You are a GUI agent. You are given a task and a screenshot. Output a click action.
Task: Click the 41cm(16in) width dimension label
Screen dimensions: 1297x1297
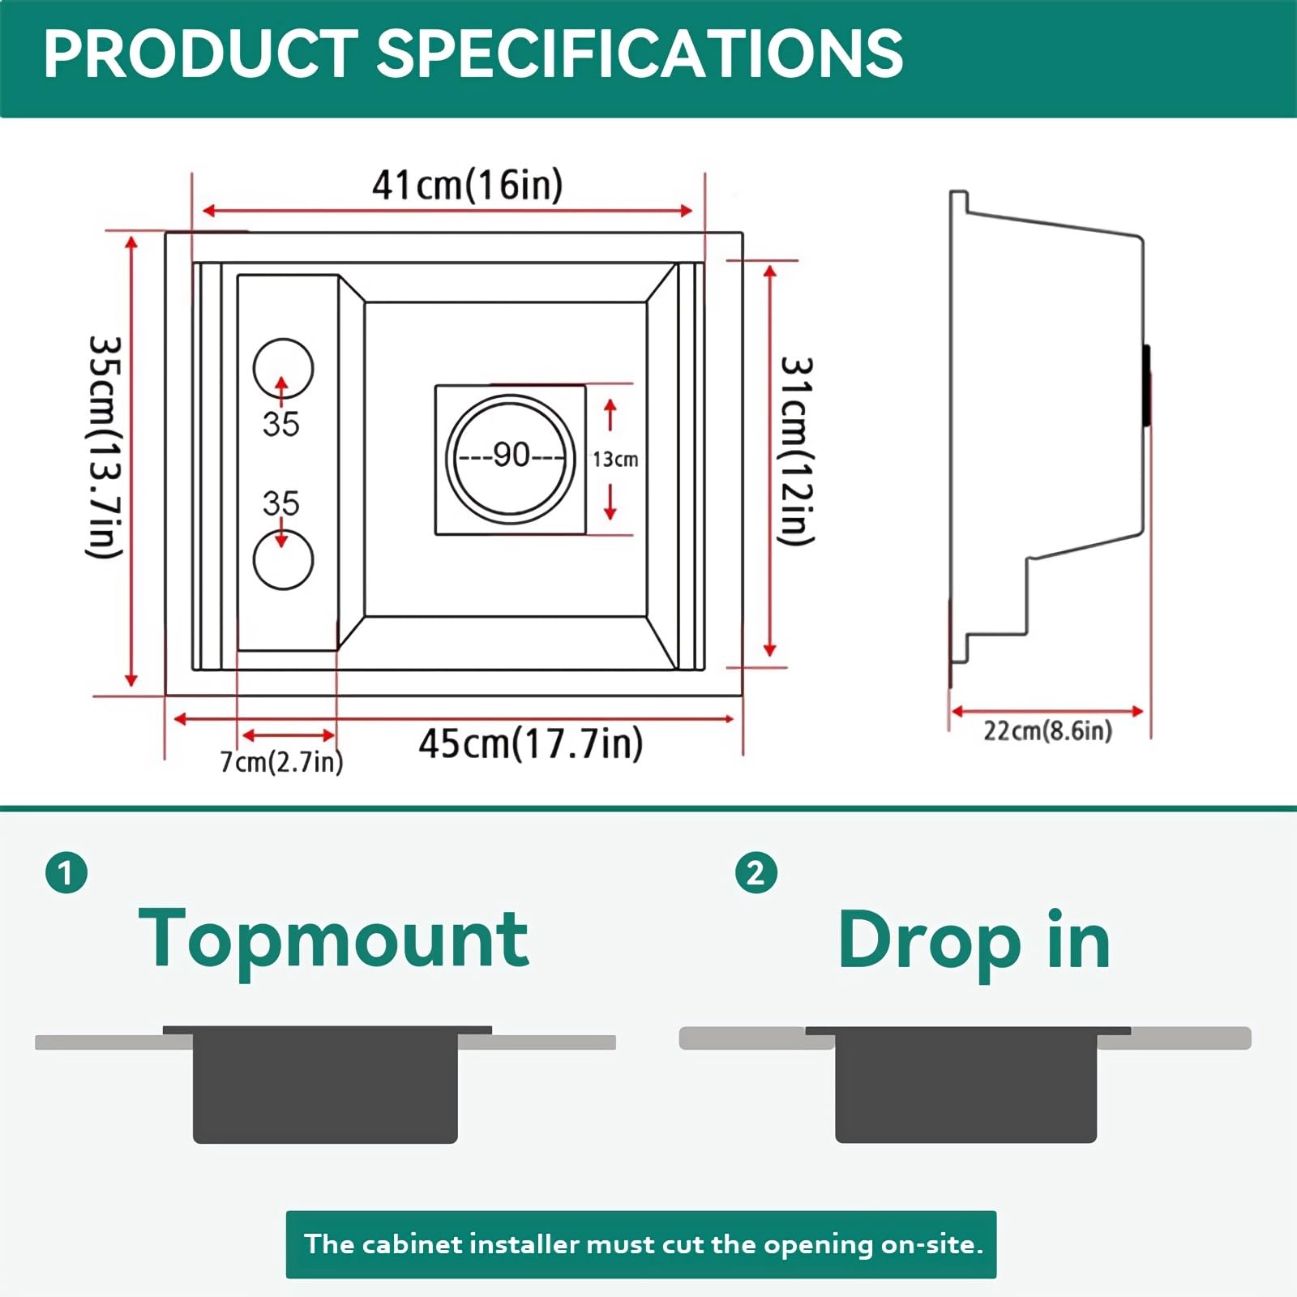click(x=467, y=185)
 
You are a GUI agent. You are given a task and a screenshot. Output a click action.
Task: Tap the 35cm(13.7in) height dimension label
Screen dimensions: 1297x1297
click(x=105, y=447)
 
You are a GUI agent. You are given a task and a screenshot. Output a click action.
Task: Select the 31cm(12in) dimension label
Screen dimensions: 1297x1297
click(x=796, y=451)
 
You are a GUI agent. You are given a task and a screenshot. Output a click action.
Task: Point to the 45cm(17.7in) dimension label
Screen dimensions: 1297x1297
click(x=531, y=743)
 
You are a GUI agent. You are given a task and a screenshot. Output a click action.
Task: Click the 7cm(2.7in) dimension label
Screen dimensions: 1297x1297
click(x=281, y=762)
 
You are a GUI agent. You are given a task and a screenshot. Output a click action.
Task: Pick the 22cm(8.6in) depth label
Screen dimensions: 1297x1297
click(x=1047, y=730)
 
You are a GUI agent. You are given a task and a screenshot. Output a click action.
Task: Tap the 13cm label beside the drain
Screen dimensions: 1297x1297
click(x=615, y=460)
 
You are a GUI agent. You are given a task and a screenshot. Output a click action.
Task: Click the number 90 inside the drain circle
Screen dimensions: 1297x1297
click(x=512, y=455)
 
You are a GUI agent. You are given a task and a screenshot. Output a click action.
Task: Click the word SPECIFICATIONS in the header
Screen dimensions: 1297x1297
click(x=640, y=54)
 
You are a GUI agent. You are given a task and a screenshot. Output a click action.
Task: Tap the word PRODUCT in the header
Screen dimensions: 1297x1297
click(x=200, y=54)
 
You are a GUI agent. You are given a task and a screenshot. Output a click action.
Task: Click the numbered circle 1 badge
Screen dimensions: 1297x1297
click(x=66, y=873)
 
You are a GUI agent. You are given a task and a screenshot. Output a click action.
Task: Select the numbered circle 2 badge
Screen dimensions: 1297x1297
click(x=756, y=873)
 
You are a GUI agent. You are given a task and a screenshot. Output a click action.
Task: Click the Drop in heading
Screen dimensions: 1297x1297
click(x=974, y=940)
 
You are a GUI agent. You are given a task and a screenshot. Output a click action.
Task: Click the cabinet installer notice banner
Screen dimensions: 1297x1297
click(x=641, y=1244)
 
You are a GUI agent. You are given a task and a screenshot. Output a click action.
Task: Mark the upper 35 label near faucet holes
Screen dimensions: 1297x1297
click(x=281, y=424)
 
